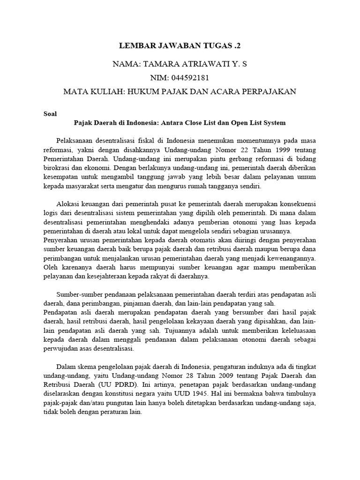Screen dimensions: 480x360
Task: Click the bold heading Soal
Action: tap(50, 113)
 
